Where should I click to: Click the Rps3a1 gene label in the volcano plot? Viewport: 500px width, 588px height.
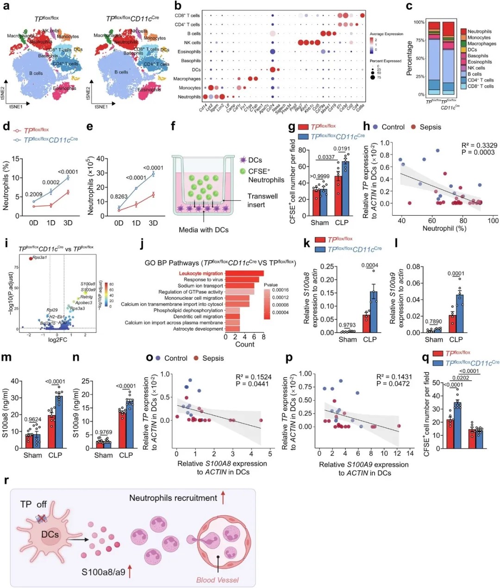[40, 257]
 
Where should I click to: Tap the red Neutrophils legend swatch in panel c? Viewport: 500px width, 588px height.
[463, 31]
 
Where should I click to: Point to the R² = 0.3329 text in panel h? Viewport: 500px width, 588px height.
[479, 145]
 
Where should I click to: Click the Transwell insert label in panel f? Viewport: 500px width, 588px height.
[262, 200]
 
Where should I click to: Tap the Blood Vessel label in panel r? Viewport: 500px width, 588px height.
[218, 580]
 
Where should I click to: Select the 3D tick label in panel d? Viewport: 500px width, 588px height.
[68, 223]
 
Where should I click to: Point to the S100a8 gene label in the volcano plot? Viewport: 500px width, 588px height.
[88, 284]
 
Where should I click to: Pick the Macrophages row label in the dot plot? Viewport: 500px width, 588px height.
[187, 79]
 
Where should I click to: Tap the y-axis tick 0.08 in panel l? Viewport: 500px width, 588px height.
[413, 267]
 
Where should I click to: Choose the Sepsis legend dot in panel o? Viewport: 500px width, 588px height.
[196, 358]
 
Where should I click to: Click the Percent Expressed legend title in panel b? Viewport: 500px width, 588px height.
[386, 61]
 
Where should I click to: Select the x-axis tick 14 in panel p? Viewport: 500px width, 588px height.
[410, 453]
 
